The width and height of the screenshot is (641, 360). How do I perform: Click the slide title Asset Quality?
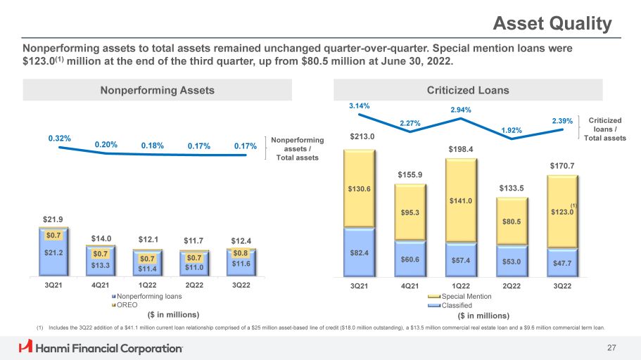552,24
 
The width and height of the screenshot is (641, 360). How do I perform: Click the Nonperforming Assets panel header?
157,90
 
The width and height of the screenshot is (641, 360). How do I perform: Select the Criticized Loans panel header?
468,90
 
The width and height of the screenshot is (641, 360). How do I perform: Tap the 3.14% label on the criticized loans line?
359,106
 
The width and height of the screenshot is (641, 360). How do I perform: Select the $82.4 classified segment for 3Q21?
360,251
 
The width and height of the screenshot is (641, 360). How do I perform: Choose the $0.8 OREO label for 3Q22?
241,253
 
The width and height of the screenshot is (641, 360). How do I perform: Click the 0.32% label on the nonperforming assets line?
59,139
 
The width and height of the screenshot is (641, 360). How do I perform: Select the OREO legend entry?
128,304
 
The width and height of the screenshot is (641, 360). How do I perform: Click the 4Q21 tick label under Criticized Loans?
410,286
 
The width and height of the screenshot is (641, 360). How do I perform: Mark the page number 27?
611,347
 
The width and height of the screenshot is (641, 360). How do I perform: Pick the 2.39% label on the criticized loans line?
563,122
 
